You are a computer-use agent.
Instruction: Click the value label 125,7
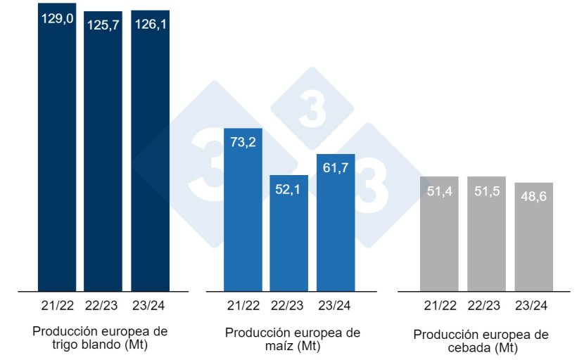[103, 25]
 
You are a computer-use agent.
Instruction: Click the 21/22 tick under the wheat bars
[56, 306]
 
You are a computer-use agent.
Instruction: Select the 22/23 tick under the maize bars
[288, 306]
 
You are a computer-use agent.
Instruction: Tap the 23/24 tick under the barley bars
[533, 306]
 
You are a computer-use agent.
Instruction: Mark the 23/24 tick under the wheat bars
[150, 306]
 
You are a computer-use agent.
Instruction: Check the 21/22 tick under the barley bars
[439, 306]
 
